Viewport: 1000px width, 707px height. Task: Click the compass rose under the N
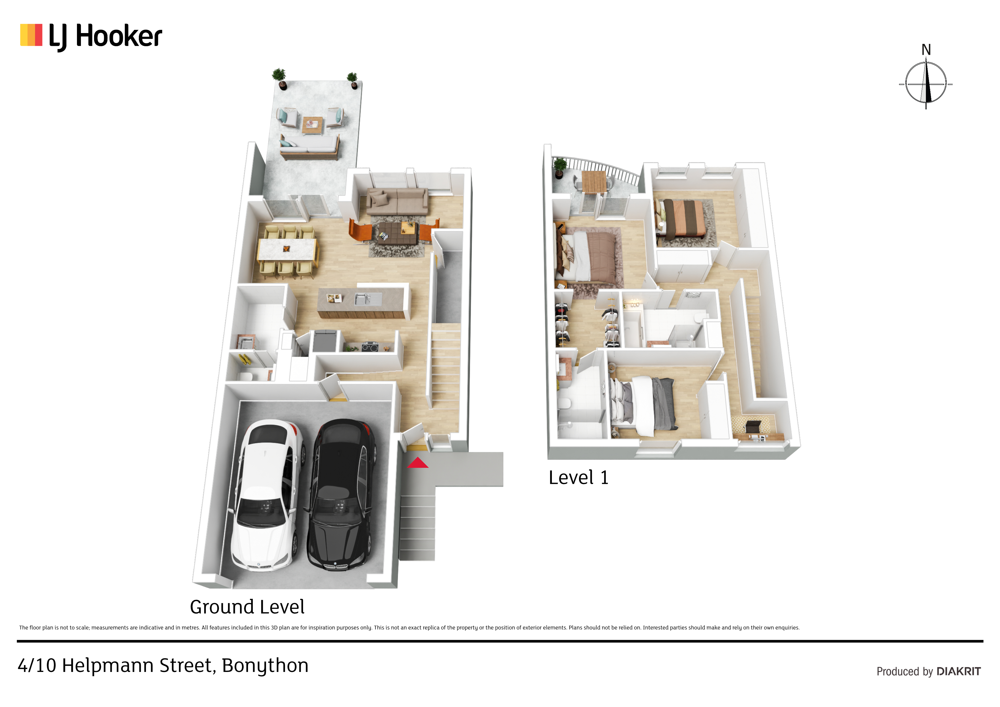[926, 84]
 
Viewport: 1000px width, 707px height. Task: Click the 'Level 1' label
[578, 478]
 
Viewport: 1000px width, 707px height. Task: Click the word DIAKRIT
[959, 671]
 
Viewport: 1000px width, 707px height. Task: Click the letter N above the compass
[926, 50]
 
